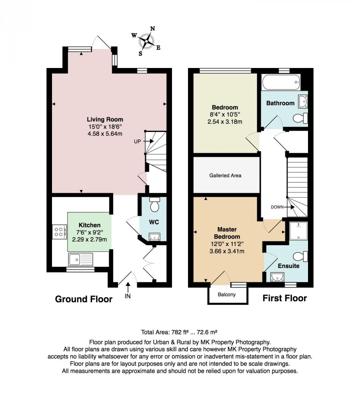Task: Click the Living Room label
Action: tap(105, 119)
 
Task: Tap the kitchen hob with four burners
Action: tap(60, 232)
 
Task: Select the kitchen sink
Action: tap(80, 259)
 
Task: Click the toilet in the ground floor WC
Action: tap(154, 205)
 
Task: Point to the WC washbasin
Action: tap(154, 237)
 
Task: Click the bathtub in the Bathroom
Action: tap(281, 82)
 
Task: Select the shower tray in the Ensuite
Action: tap(298, 231)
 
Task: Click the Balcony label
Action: tap(227, 294)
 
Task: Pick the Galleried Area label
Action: tap(225, 175)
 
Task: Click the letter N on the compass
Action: tap(152, 29)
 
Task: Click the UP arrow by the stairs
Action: tap(148, 141)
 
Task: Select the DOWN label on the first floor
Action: tap(277, 207)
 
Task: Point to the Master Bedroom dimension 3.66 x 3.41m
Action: tap(227, 251)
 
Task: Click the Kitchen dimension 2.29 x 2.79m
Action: tap(90, 240)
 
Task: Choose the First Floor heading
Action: tap(285, 298)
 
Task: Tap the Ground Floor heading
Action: tap(84, 299)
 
